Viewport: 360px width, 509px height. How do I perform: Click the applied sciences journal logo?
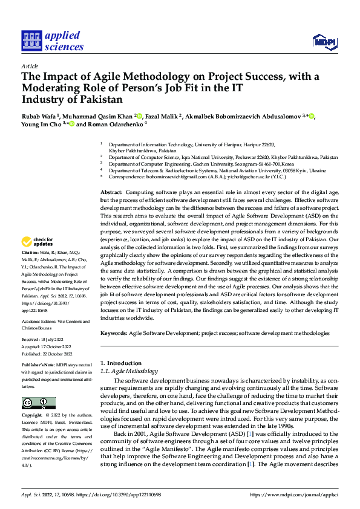coord(53,41)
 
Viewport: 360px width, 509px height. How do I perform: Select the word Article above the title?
coord(30,66)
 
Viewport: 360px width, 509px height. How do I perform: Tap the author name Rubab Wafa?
coord(39,116)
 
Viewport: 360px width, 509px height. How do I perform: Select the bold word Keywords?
coord(114,333)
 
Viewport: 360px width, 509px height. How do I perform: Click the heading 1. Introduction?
coord(120,363)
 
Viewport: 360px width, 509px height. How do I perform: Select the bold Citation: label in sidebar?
coord(31,251)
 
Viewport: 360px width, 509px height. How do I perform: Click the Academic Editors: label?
coord(39,322)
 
